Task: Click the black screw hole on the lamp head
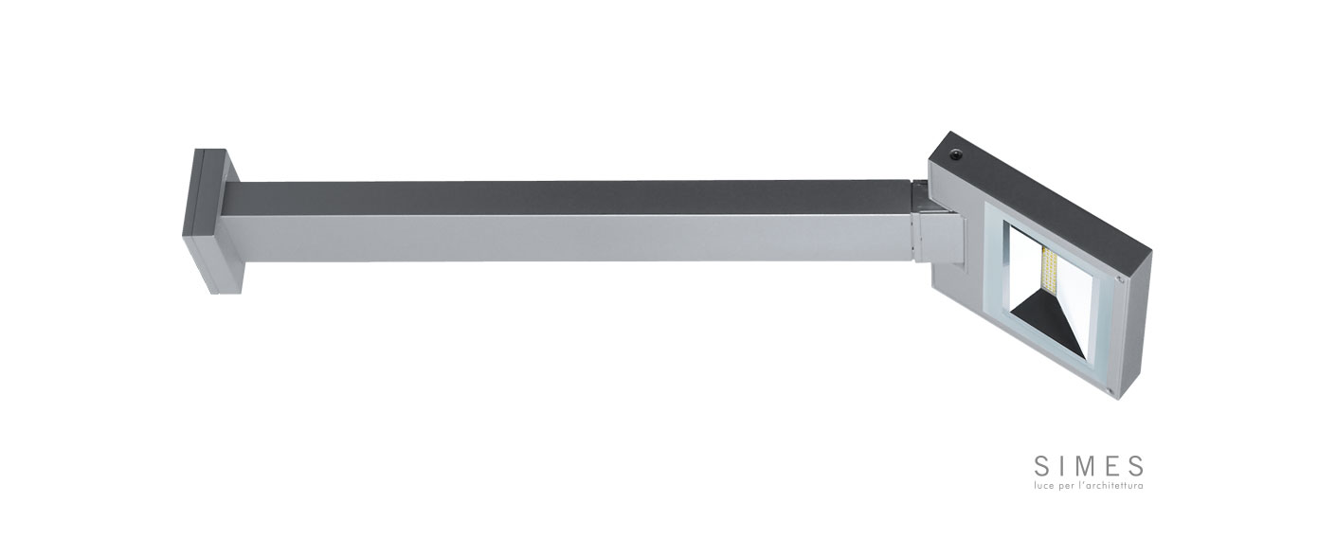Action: pos(956,153)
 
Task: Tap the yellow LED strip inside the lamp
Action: pos(1049,273)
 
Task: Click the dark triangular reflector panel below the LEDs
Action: pos(1048,326)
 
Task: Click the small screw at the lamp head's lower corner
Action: pos(1111,390)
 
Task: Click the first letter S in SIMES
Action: pos(1040,466)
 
